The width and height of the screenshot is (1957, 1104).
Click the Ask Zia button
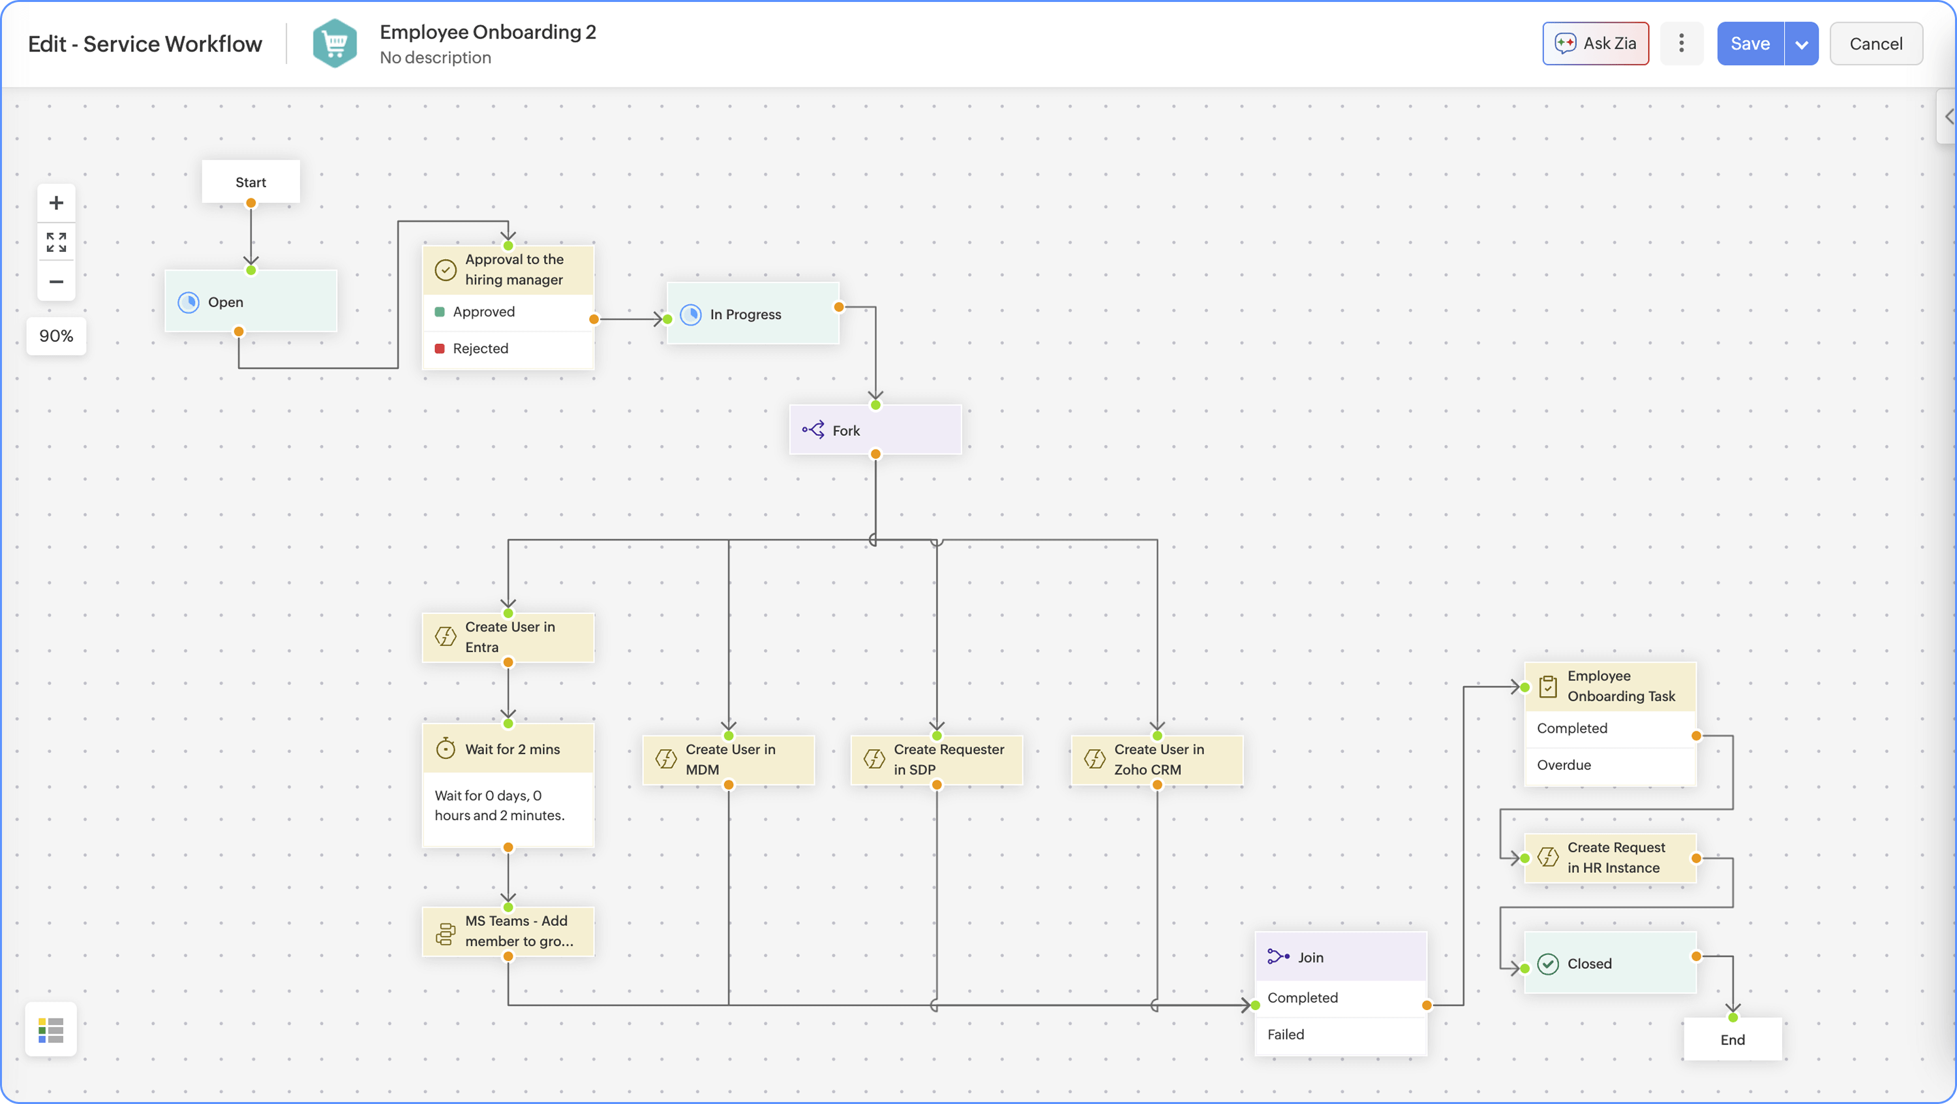1596,43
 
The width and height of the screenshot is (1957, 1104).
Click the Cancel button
1875,43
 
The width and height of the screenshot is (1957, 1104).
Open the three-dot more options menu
1681,43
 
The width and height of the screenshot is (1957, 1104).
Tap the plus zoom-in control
56,203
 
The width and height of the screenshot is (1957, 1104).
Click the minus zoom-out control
56,281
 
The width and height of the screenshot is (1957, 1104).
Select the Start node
250,181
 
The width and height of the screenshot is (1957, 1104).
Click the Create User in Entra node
508,637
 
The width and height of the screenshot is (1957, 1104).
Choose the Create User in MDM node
729,759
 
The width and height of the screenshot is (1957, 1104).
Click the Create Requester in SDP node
937,759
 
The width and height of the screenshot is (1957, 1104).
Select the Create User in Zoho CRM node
1157,759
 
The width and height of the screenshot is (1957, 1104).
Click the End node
1732,1039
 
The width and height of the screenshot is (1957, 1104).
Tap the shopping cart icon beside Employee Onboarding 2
335,43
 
